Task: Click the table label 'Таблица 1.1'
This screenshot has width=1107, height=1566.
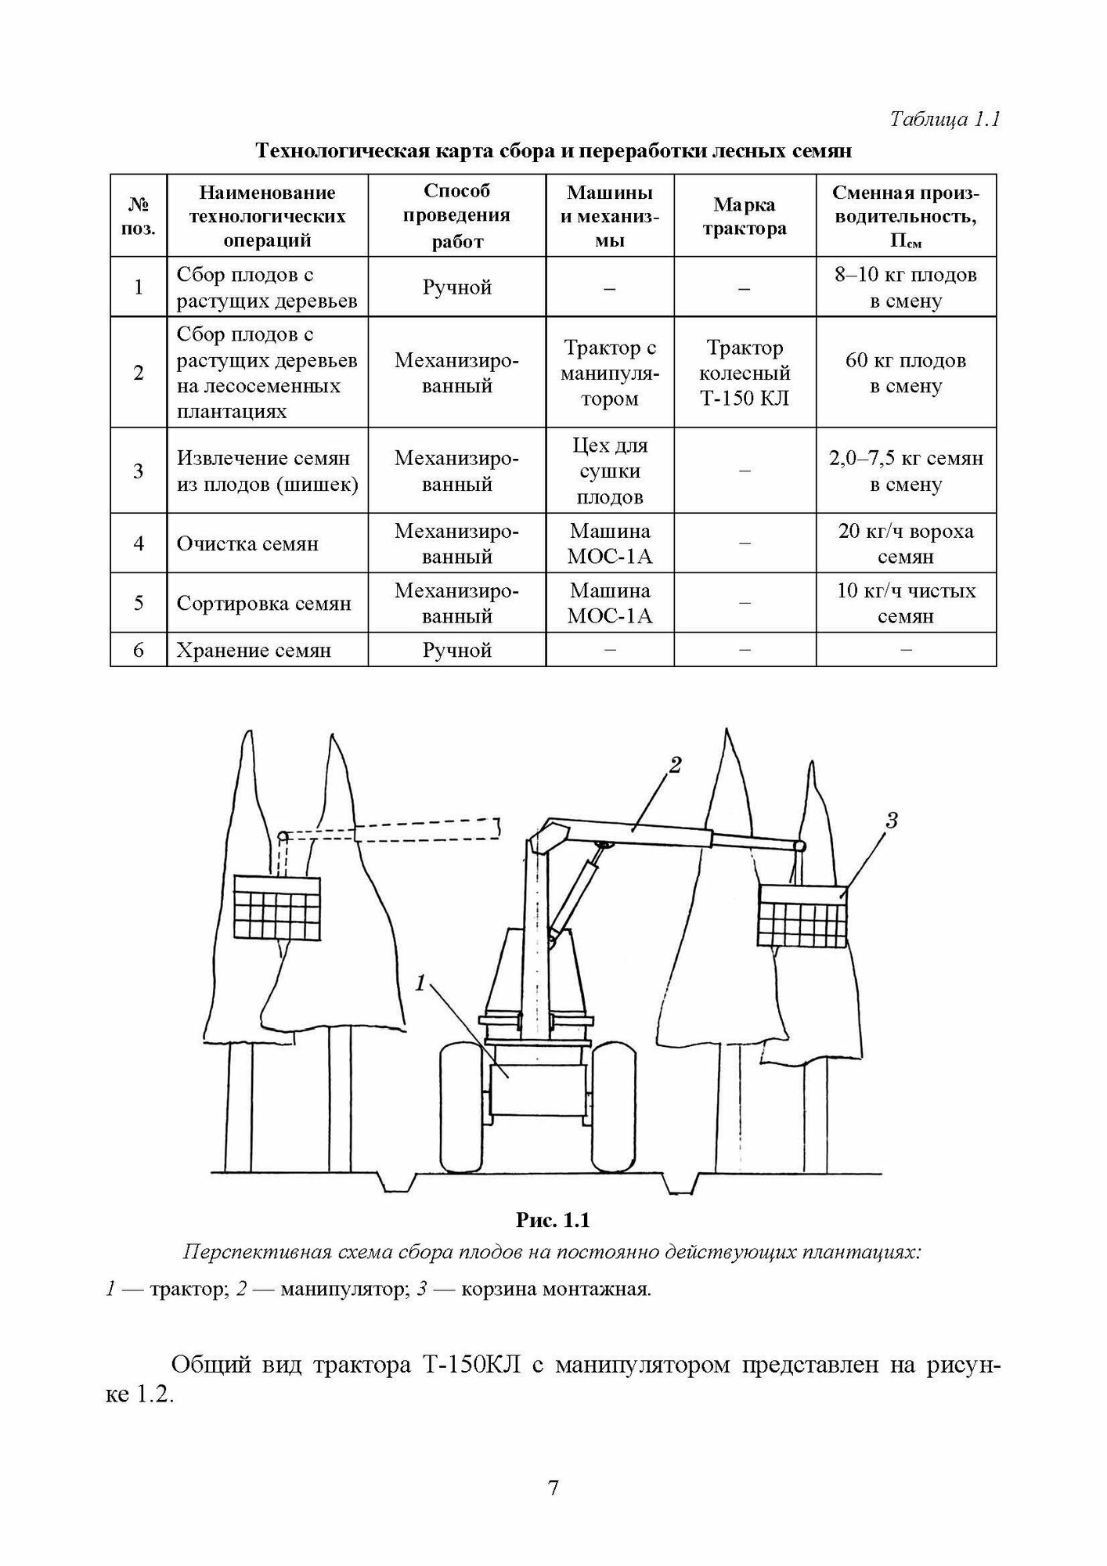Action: [945, 120]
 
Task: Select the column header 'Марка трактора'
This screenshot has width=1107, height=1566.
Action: [744, 216]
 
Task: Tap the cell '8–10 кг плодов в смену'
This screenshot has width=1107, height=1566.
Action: [906, 287]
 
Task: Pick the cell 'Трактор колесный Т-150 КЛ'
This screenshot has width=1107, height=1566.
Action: [744, 373]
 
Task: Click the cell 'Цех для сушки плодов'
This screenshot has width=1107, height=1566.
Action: [610, 471]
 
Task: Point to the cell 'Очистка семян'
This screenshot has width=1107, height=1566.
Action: [247, 544]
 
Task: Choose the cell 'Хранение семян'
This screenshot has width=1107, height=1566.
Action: [254, 651]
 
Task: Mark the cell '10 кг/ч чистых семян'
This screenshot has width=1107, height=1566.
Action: [906, 603]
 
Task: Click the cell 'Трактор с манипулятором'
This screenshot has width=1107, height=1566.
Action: [610, 373]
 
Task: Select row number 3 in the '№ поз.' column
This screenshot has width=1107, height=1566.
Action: [139, 471]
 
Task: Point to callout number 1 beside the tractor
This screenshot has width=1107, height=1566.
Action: [420, 983]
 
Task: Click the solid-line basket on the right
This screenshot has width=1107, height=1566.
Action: [802, 916]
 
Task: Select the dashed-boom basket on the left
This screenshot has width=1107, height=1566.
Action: [278, 908]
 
